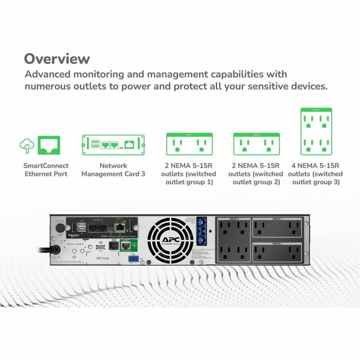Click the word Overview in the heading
[57, 59]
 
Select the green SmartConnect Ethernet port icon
[49, 145]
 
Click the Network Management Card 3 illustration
[113, 145]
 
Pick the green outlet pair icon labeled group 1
[189, 144]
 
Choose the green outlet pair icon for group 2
[256, 144]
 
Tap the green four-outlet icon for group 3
[316, 132]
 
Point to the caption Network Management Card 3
[113, 170]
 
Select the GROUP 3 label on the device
[234, 219]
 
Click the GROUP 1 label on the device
[277, 219]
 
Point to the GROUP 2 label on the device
[277, 243]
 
